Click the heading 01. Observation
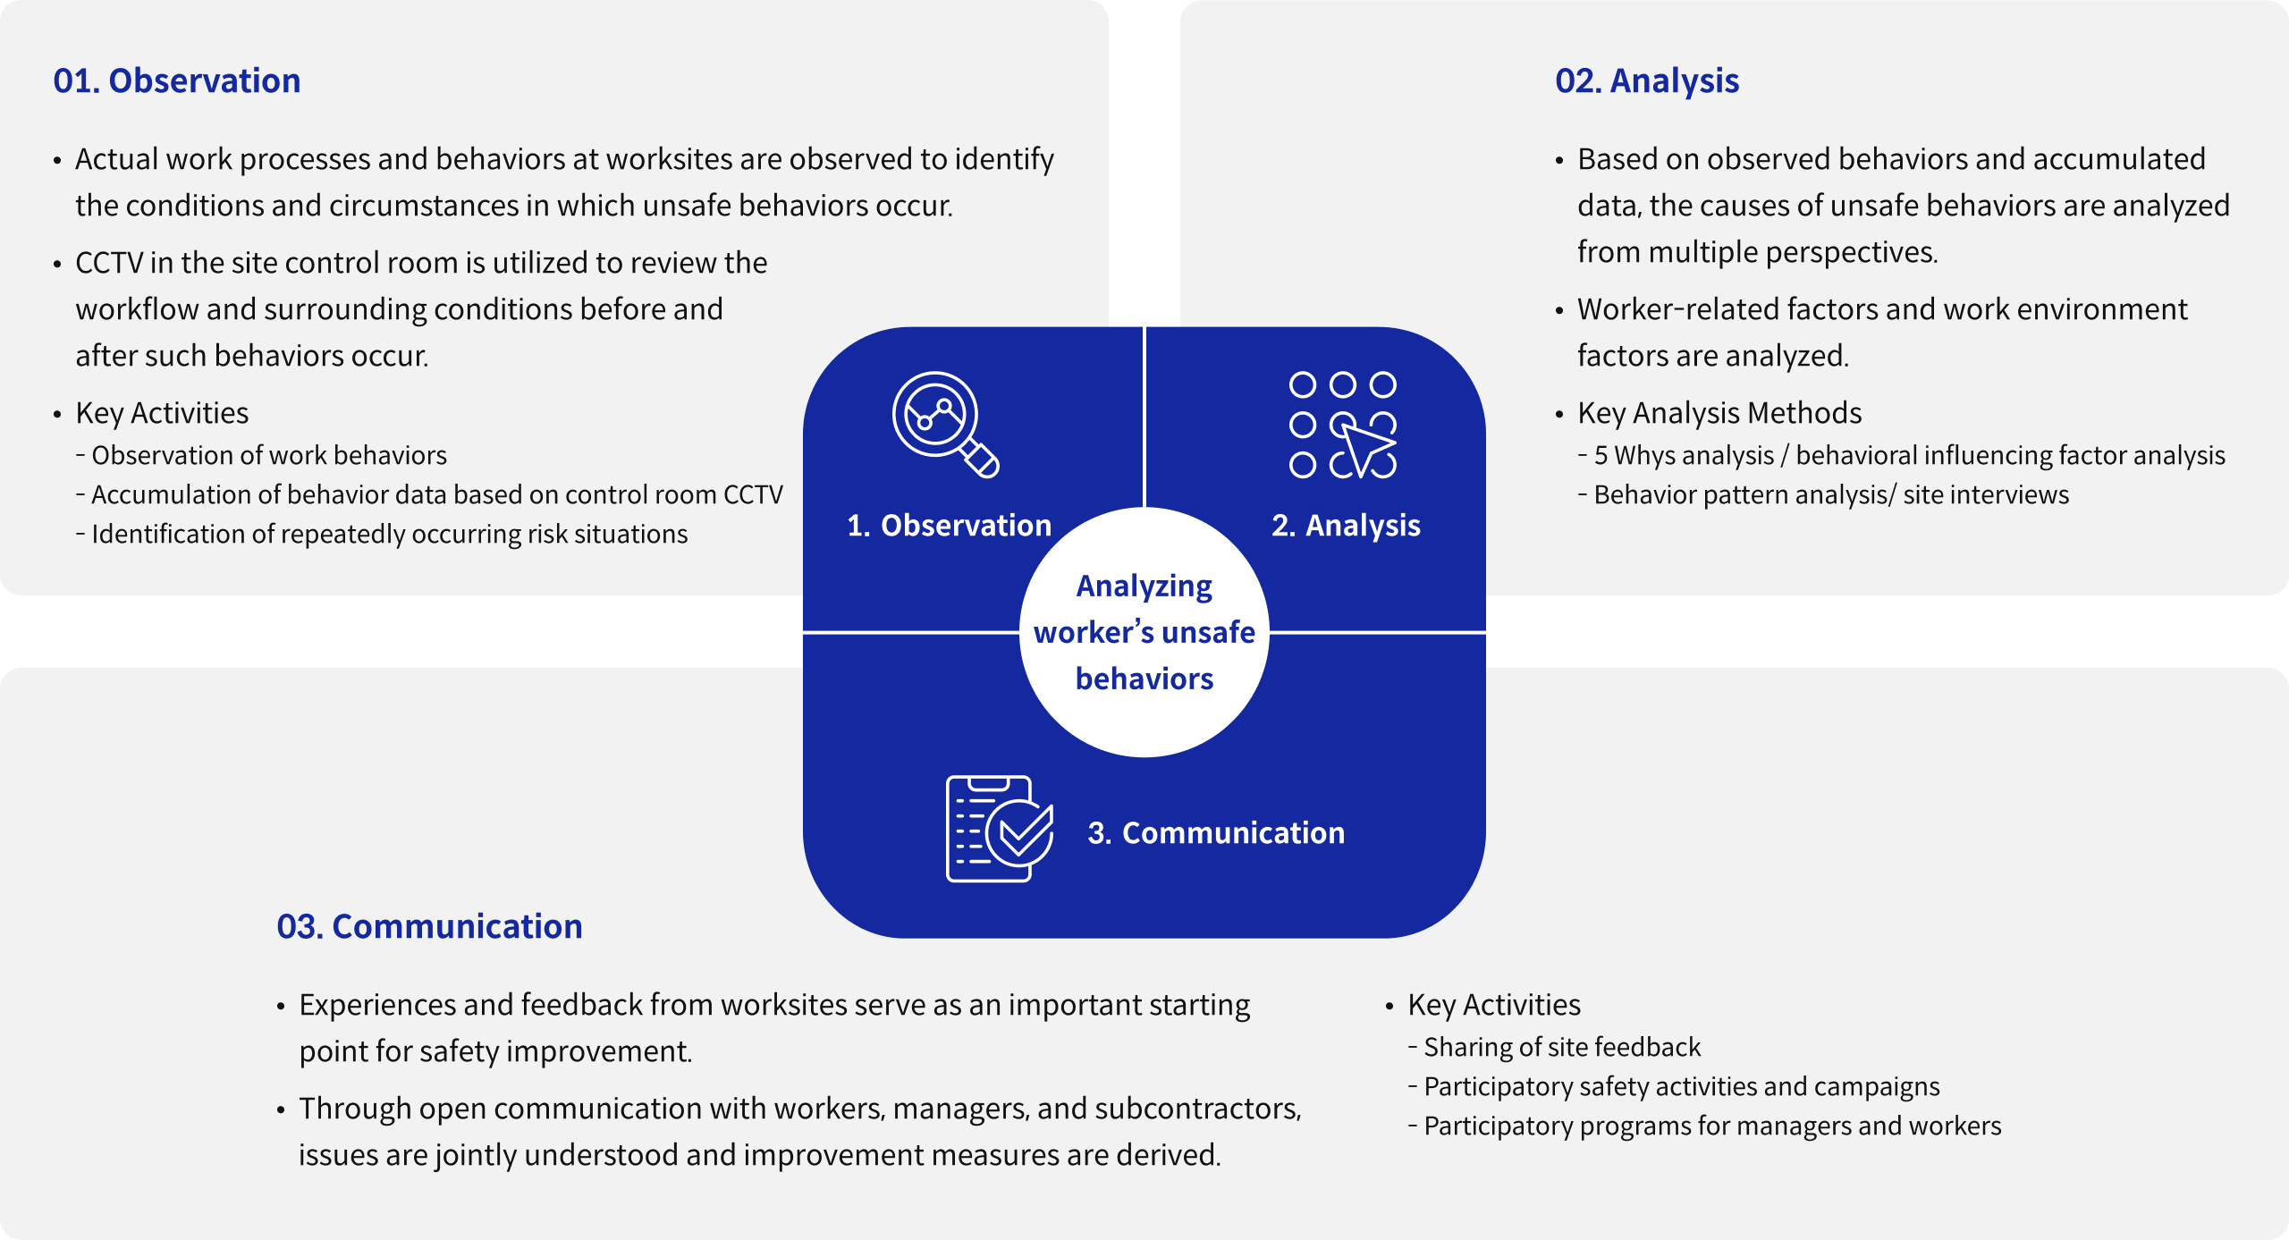click(x=177, y=81)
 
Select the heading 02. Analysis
click(x=1647, y=81)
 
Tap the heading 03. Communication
click(x=429, y=927)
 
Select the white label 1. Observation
click(x=949, y=526)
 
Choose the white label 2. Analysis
click(x=1346, y=526)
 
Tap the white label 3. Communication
click(x=1216, y=833)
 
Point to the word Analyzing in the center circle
click(x=1144, y=586)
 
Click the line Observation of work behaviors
click(x=268, y=456)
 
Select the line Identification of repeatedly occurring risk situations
click(x=389, y=535)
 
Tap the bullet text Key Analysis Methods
click(x=1719, y=414)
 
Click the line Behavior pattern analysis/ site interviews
click(x=1830, y=495)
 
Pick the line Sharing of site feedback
click(x=1561, y=1048)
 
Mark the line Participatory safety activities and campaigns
click(x=1681, y=1087)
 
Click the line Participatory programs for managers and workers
click(x=1711, y=1126)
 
